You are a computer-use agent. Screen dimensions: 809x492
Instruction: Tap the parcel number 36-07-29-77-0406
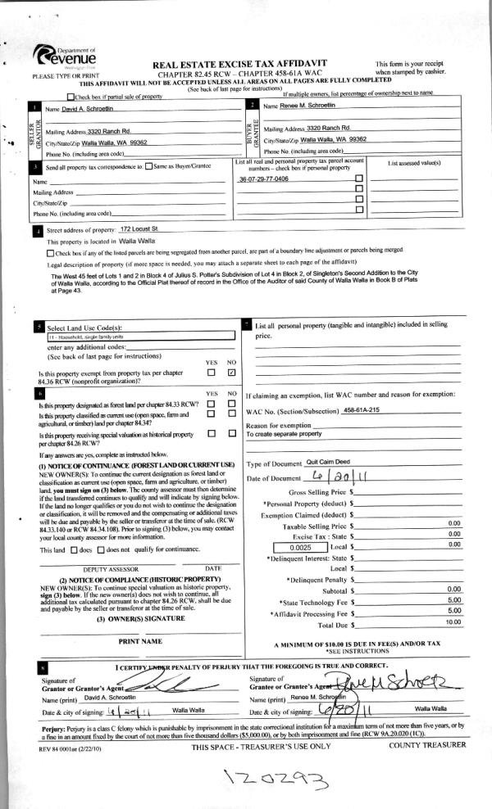point(263,179)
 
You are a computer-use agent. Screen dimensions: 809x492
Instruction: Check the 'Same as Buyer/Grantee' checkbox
point(148,166)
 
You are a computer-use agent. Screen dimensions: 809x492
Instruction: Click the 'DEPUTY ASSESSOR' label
point(114,567)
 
